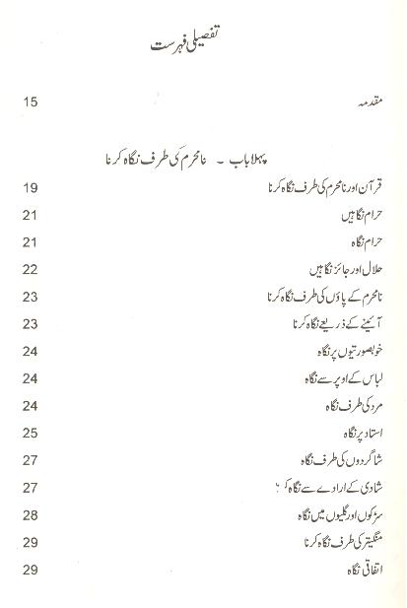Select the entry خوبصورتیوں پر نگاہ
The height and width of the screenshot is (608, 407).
337,352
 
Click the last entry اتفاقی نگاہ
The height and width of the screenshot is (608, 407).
357,569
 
